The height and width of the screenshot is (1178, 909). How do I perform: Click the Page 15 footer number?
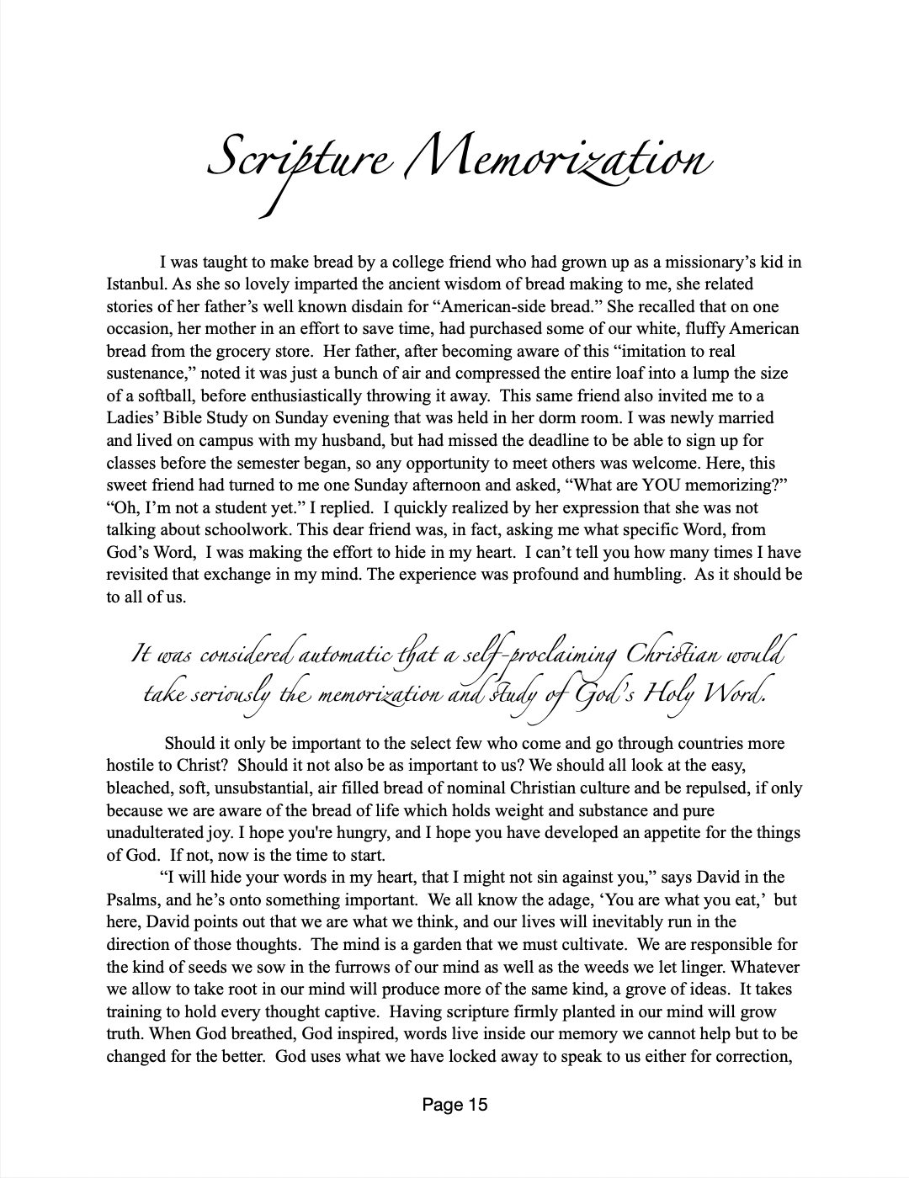[x=454, y=1105]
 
